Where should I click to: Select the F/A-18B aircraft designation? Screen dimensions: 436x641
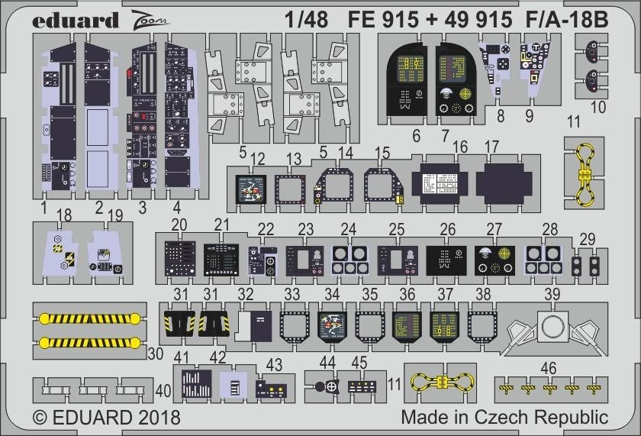tap(569, 20)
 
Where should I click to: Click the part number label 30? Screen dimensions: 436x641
tap(155, 353)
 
